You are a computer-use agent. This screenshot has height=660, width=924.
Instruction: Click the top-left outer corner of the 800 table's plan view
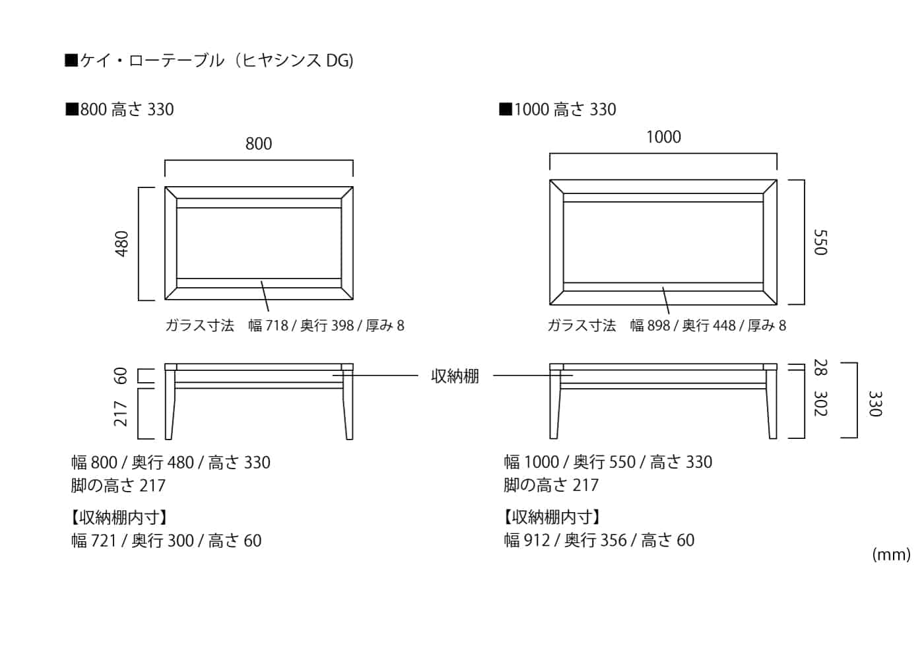click(165, 187)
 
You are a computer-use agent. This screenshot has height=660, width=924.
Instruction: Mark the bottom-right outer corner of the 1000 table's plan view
click(777, 305)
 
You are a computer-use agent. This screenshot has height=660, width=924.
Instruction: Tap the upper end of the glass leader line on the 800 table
click(261, 281)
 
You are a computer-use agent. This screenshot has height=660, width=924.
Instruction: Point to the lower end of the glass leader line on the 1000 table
click(669, 314)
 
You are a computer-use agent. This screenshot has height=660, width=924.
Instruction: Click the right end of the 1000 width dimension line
click(777, 154)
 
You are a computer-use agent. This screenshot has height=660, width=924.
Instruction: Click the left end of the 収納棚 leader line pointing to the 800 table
click(333, 376)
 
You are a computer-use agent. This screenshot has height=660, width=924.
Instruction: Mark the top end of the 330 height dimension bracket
click(857, 363)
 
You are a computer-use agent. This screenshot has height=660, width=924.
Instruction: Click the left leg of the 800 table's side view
click(169, 404)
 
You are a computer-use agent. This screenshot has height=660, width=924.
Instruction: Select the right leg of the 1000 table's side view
click(772, 404)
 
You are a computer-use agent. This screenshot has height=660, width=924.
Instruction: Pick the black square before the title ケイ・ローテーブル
click(71, 60)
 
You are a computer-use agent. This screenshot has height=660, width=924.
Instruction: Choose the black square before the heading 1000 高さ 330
click(506, 110)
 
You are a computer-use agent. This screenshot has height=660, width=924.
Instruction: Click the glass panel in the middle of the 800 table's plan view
click(259, 243)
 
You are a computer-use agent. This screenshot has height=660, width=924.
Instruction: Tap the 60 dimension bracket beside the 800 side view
click(147, 376)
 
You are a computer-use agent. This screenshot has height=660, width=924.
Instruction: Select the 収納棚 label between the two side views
click(455, 376)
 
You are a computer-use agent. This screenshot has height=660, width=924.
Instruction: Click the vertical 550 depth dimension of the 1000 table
click(820, 243)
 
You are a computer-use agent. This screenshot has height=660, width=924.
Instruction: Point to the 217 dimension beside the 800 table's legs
click(120, 413)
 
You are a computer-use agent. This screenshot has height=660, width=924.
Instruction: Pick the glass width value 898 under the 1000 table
click(659, 326)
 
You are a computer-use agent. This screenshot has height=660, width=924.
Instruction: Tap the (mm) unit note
click(892, 555)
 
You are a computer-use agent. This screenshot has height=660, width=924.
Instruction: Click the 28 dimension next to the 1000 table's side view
click(820, 367)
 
